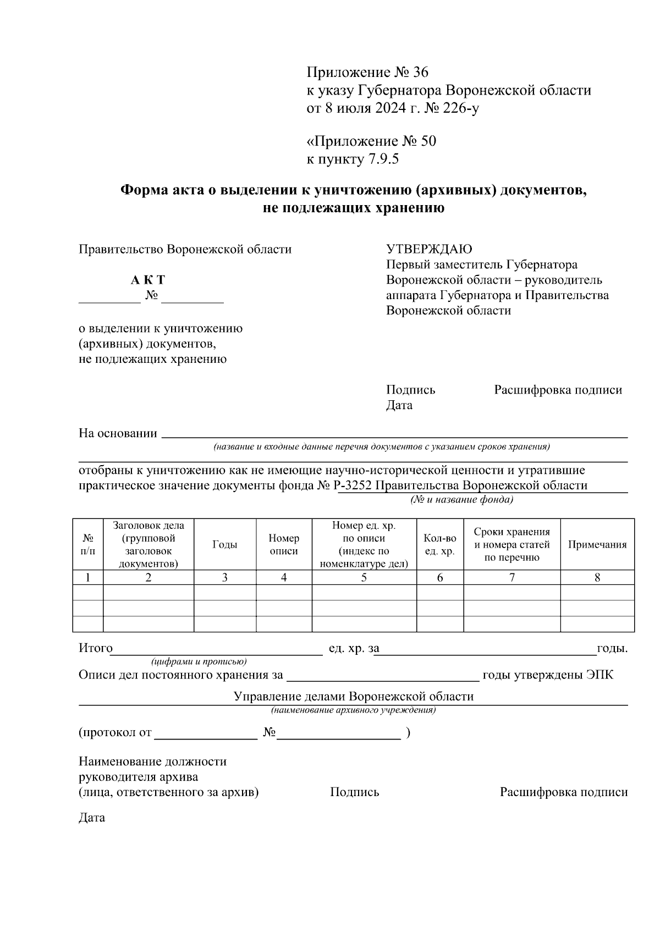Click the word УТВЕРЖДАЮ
click(429, 249)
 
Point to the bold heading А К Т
click(148, 280)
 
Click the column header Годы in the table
click(224, 544)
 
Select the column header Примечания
click(597, 544)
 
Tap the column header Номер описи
click(284, 544)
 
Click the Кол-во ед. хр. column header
click(440, 544)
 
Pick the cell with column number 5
click(364, 577)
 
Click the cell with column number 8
click(597, 577)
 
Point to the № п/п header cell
click(88, 544)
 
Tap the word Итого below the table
click(96, 649)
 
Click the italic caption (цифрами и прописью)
click(199, 661)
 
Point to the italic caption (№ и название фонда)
click(461, 500)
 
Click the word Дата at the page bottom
click(92, 818)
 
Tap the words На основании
click(118, 433)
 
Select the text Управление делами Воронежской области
click(354, 697)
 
